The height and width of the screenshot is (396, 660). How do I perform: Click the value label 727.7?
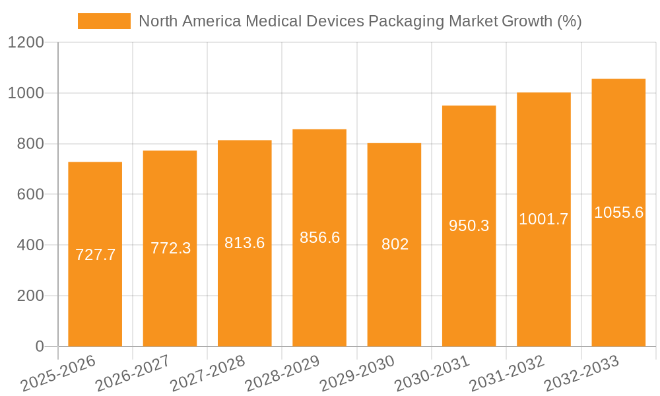pos(95,255)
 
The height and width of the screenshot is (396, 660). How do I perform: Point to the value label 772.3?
pos(170,248)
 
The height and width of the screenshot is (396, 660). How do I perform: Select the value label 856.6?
pos(319,238)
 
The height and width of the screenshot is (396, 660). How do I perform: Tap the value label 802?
pos(395,244)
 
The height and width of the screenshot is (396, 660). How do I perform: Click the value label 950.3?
pos(469,226)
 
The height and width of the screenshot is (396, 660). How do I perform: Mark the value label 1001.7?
pos(543,219)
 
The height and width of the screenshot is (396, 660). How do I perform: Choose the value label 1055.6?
pos(618,213)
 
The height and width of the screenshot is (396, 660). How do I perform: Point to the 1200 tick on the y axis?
pos(26,43)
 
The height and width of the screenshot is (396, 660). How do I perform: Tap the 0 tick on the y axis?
pos(39,346)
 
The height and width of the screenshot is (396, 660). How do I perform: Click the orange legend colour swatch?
pos(104,21)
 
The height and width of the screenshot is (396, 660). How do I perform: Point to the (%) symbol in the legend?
pos(569,21)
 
